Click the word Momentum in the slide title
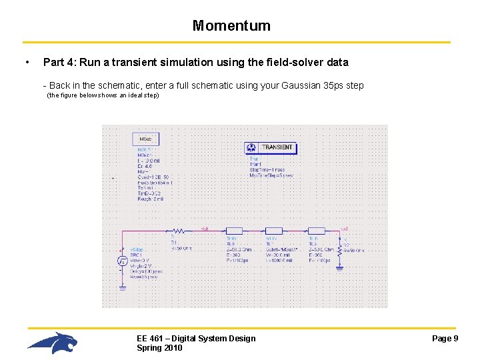point(231,26)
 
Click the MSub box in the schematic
point(145,139)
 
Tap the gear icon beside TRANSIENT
point(252,147)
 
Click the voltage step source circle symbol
point(123,261)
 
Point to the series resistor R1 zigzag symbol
point(177,230)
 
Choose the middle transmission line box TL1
point(275,230)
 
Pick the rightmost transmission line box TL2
point(317,230)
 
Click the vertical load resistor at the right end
point(339,249)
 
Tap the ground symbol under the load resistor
point(339,268)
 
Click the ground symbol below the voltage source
point(123,288)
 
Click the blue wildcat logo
point(53,343)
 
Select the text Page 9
point(445,339)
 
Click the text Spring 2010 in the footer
point(159,348)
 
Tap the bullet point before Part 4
point(26,63)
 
